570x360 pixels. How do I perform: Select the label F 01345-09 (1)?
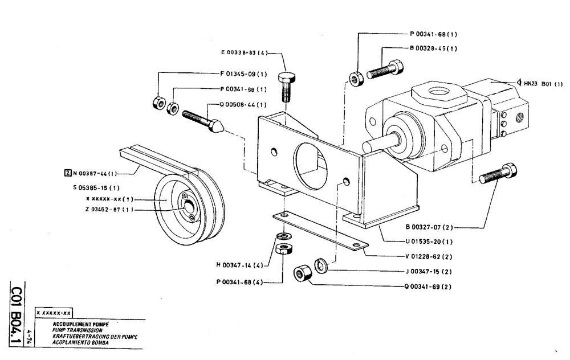(243, 73)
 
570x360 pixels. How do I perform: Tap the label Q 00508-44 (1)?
(243, 105)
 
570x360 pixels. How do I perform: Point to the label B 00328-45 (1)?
(433, 48)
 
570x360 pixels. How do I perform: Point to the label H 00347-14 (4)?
(239, 265)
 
